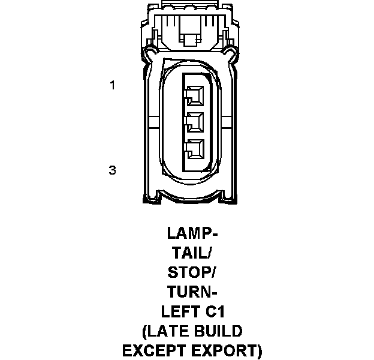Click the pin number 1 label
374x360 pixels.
click(x=111, y=85)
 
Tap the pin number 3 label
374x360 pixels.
click(x=111, y=170)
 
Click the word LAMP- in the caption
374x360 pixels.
click(x=192, y=232)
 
